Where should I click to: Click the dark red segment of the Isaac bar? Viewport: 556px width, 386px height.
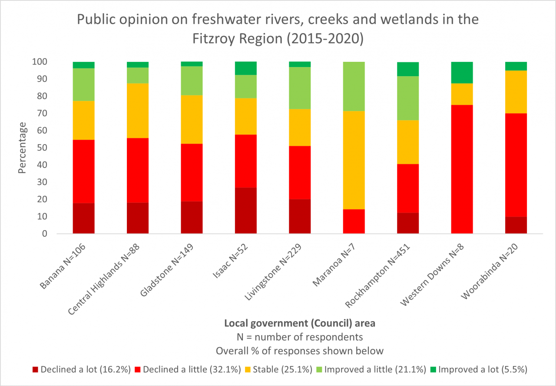pyautogui.click(x=245, y=211)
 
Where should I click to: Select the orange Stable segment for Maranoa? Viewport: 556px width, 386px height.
pyautogui.click(x=354, y=160)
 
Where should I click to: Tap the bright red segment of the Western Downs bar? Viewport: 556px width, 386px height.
pyautogui.click(x=462, y=169)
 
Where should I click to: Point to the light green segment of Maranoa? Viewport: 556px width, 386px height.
pyautogui.click(x=354, y=86)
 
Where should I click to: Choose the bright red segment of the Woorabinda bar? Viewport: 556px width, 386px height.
pyautogui.click(x=516, y=165)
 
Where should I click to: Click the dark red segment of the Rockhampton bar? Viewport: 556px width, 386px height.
pyautogui.click(x=408, y=223)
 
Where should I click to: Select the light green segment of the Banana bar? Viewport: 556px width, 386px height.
pyautogui.click(x=83, y=84)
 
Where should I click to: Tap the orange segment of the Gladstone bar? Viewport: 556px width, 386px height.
pyautogui.click(x=192, y=119)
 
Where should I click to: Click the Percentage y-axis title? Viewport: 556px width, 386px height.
pyautogui.click(x=23, y=148)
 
